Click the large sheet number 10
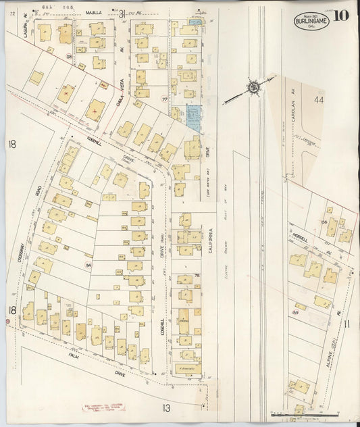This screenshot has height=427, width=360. pyautogui.click(x=341, y=15)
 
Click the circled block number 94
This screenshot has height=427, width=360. pyautogui.click(x=88, y=266)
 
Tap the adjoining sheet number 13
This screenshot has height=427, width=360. pyautogui.click(x=166, y=407)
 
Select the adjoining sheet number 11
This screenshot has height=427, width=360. pyautogui.click(x=347, y=325)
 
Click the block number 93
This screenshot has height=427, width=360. pyautogui.click(x=69, y=56)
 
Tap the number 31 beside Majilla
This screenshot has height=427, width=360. pyautogui.click(x=122, y=13)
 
